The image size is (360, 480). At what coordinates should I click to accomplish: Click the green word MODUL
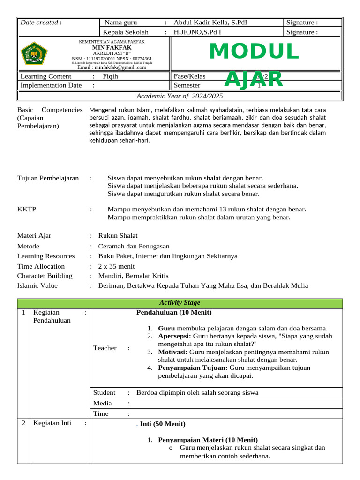(x=254, y=52)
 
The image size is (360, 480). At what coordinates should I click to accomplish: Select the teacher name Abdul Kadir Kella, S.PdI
(x=210, y=22)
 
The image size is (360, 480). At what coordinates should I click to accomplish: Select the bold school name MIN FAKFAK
(x=112, y=48)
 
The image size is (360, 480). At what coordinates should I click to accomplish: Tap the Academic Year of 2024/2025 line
(x=180, y=96)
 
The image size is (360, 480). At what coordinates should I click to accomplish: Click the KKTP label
(x=27, y=209)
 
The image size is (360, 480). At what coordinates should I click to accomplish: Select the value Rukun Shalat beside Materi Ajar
(x=118, y=236)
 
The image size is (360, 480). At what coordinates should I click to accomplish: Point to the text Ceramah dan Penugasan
(x=134, y=246)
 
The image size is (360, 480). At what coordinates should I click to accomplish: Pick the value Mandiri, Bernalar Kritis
(x=133, y=276)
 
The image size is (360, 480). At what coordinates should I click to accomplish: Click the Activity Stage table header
(x=180, y=303)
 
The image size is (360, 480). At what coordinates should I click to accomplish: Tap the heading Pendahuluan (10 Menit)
(x=173, y=313)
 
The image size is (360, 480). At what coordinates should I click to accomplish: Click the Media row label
(x=102, y=403)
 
